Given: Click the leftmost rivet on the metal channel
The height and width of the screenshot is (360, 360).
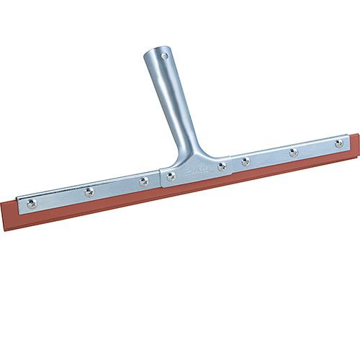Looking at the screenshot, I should pyautogui.click(x=31, y=204).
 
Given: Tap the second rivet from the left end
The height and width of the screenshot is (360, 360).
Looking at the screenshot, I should pyautogui.click(x=89, y=192).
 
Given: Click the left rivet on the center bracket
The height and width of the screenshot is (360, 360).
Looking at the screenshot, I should pyautogui.click(x=171, y=175).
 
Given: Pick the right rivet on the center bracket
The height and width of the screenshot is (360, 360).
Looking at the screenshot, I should pyautogui.click(x=222, y=166).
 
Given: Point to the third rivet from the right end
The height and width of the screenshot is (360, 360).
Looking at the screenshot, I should pyautogui.click(x=246, y=161).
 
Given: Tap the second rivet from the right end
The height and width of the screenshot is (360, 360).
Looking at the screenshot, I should pyautogui.click(x=293, y=152).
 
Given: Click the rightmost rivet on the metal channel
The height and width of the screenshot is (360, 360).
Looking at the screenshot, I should pyautogui.click(x=338, y=143).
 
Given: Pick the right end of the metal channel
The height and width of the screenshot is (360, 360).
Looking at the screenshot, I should pyautogui.click(x=350, y=142).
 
